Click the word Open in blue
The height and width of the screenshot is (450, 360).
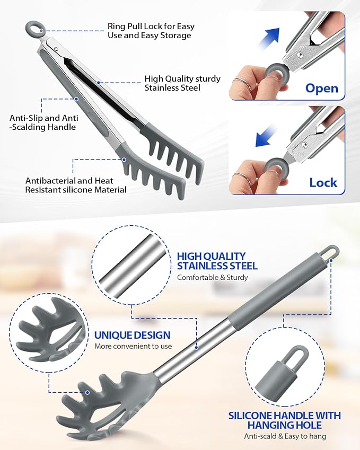tap(321, 87)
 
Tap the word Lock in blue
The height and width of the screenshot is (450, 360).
tap(323, 182)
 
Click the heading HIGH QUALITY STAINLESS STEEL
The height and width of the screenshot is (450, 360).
tap(217, 261)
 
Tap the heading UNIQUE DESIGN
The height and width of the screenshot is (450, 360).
tap(133, 335)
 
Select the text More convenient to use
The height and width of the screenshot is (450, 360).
tap(133, 347)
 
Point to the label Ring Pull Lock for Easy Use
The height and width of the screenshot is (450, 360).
tap(151, 30)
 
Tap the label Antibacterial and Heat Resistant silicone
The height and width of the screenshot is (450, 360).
tap(76, 185)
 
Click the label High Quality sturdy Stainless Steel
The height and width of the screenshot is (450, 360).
tap(182, 83)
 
